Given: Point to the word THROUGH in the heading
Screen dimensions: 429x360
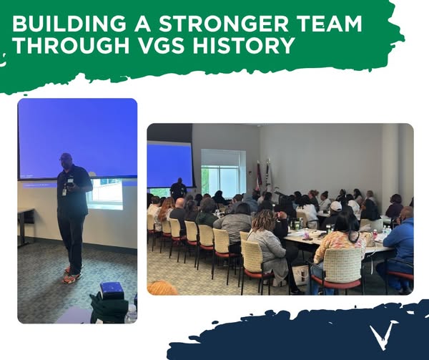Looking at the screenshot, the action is pyautogui.click(x=70, y=45).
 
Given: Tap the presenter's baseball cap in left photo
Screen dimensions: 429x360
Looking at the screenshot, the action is pyautogui.click(x=66, y=157).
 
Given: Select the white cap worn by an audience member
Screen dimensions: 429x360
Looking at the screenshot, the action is pyautogui.click(x=336, y=206).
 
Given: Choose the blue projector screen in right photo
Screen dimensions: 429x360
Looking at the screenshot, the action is pyautogui.click(x=169, y=165).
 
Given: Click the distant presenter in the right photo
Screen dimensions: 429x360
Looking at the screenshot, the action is pyautogui.click(x=178, y=189).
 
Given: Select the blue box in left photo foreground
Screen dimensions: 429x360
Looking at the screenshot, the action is pyautogui.click(x=111, y=290).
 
